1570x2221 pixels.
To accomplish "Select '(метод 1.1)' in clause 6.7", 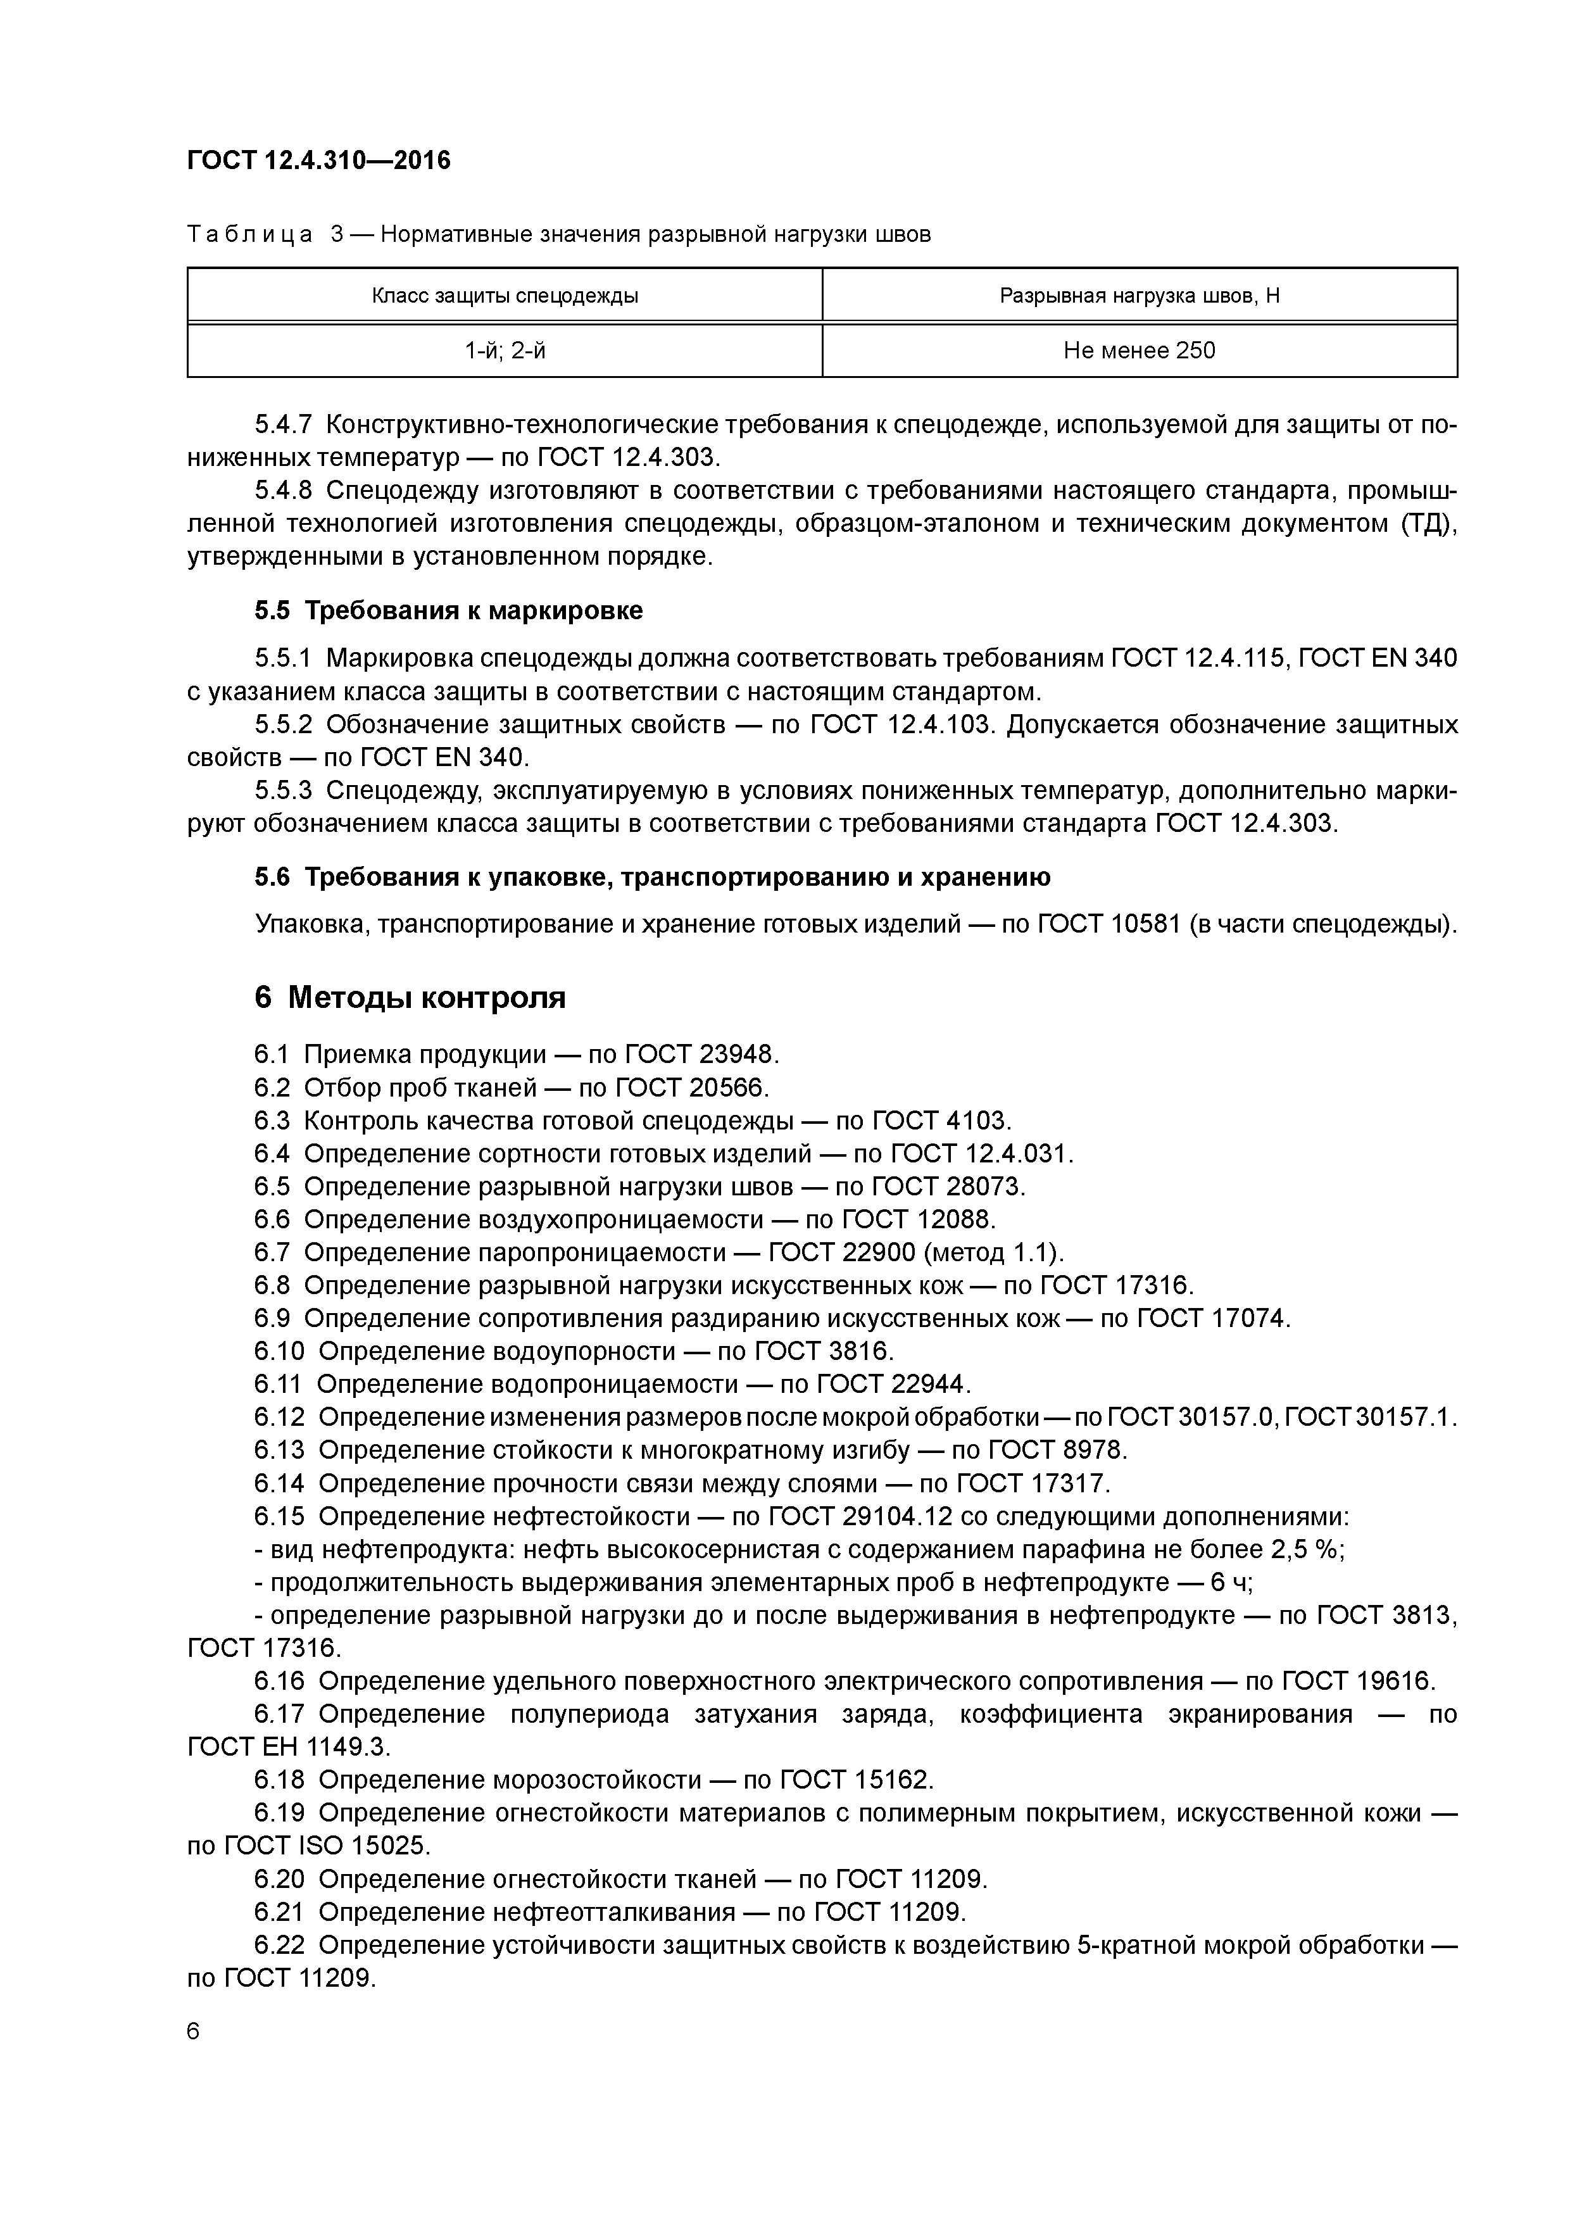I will [993, 1253].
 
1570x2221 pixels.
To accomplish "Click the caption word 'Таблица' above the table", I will [249, 234].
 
